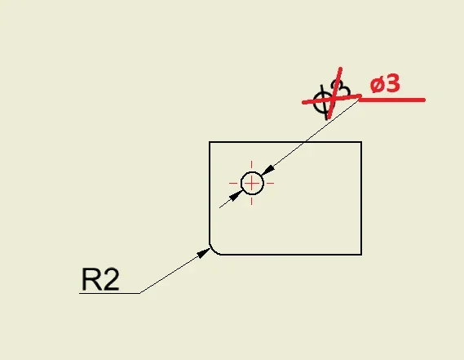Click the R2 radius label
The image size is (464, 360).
(100, 279)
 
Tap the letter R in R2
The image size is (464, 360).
(91, 279)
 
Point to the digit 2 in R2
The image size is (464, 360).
(111, 279)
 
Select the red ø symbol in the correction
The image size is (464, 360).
(377, 85)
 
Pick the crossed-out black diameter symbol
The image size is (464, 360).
(323, 101)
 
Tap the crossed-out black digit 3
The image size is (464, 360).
(342, 89)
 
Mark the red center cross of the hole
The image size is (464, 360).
(251, 184)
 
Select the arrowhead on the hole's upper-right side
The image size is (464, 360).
(267, 171)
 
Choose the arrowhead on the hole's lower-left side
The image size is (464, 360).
(236, 196)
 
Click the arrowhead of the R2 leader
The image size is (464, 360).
(204, 253)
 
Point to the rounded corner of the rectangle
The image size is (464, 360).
(213, 251)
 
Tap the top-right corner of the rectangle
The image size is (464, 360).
(361, 142)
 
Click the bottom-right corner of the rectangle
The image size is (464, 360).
(361, 254)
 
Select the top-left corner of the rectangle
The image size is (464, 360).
(210, 142)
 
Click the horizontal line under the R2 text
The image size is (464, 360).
(109, 293)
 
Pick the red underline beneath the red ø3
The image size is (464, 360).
(392, 100)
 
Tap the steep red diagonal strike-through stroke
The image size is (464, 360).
(334, 92)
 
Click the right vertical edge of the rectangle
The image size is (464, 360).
(361, 198)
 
